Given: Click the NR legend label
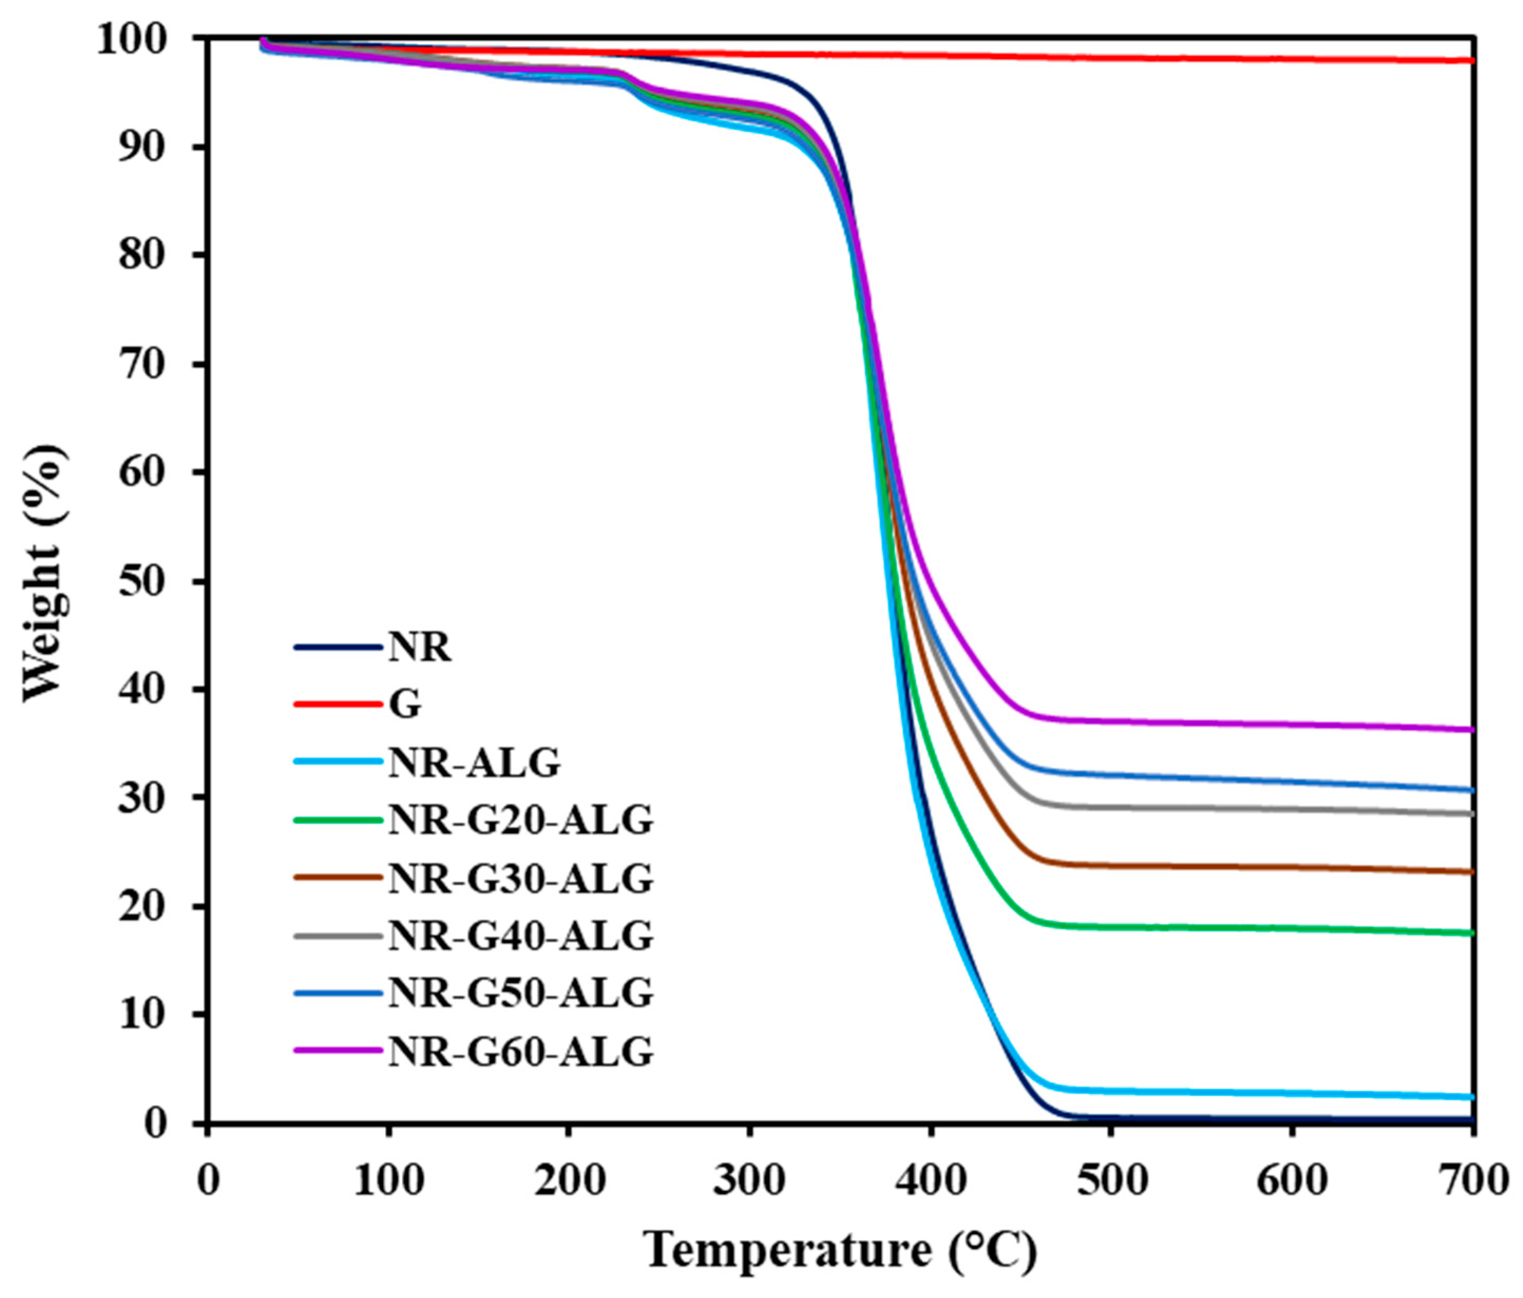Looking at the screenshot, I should coord(420,648).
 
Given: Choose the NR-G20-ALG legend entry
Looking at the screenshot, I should coord(520,820).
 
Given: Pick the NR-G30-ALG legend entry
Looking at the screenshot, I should coord(520,878).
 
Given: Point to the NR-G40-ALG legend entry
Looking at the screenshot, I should coord(520,936).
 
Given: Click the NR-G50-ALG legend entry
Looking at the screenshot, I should coord(520,993).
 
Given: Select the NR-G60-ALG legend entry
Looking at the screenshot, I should coord(520,1051).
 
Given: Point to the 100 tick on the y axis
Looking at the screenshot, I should coord(144,38).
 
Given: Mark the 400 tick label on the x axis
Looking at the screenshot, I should coord(931,1180).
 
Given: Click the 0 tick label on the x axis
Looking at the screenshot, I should coord(209,1180).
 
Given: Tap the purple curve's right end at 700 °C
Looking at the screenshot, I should coord(1471,730).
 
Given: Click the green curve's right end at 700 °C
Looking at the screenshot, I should coord(1471,933).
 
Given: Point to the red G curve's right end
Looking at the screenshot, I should coord(1471,60).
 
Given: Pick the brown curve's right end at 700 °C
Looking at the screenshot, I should coord(1471,872).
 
